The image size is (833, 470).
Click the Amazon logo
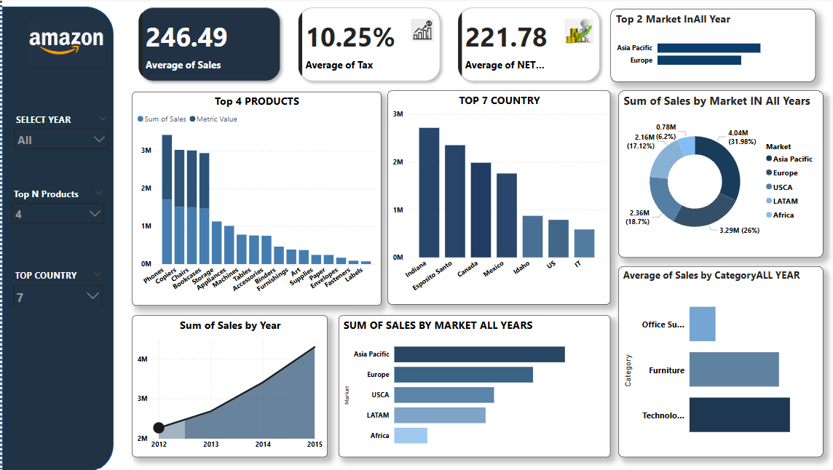[x=66, y=41]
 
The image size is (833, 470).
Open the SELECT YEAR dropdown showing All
[x=62, y=140]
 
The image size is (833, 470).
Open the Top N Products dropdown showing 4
[x=58, y=213]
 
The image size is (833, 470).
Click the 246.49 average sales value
[x=186, y=37]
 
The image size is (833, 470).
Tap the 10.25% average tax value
[x=350, y=37]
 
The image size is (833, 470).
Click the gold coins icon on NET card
[x=578, y=32]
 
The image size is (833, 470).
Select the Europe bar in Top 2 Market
[x=699, y=60]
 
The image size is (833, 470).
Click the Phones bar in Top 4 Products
[x=167, y=199]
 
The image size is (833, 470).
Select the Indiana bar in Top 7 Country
[x=429, y=192]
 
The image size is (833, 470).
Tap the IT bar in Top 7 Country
[x=584, y=243]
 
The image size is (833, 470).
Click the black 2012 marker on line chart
[x=159, y=428]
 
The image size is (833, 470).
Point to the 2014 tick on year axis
[x=263, y=445]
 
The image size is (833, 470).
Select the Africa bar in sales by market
[x=410, y=436]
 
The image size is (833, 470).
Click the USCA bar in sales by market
[x=443, y=395]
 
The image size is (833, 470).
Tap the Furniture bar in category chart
[x=734, y=370]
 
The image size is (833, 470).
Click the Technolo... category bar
[x=739, y=415]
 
